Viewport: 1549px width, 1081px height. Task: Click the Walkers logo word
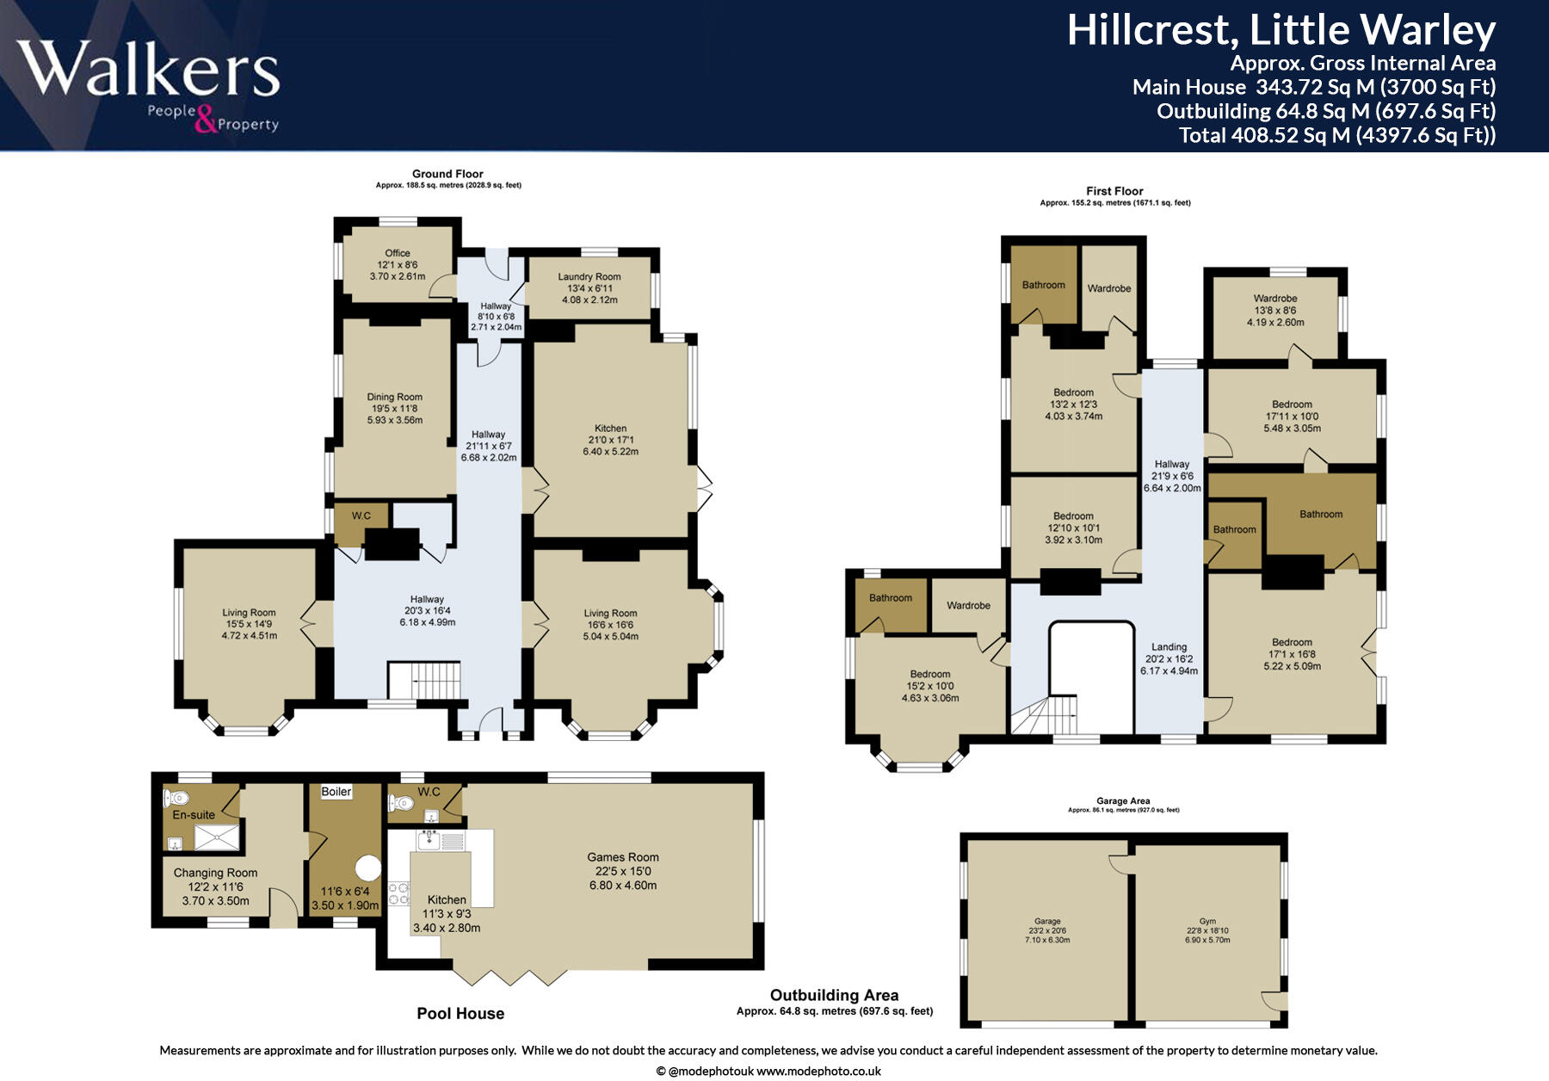click(x=148, y=69)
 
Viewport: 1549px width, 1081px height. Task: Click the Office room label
click(x=398, y=253)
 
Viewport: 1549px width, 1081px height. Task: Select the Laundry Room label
click(x=589, y=277)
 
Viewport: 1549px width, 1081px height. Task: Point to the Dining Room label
click(x=395, y=398)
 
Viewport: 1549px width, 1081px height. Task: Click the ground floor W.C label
click(x=361, y=516)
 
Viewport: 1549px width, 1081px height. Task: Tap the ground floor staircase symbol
click(x=424, y=680)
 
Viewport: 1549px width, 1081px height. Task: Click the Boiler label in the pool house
click(x=336, y=792)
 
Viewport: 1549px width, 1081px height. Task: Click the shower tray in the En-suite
click(x=218, y=837)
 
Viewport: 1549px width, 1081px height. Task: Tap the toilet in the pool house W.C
click(x=401, y=804)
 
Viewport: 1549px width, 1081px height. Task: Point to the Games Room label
click(x=623, y=857)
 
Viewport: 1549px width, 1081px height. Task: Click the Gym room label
click(x=1207, y=921)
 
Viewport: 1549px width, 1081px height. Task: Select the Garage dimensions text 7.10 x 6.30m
click(x=1047, y=940)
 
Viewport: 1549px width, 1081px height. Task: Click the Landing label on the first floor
click(x=1169, y=647)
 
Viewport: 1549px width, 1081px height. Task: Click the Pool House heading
click(x=460, y=1013)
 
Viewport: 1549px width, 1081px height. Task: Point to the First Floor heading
click(x=1114, y=191)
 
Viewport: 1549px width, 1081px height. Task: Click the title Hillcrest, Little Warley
click(x=1281, y=31)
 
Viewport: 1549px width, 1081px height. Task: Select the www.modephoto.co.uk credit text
click(x=818, y=1072)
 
